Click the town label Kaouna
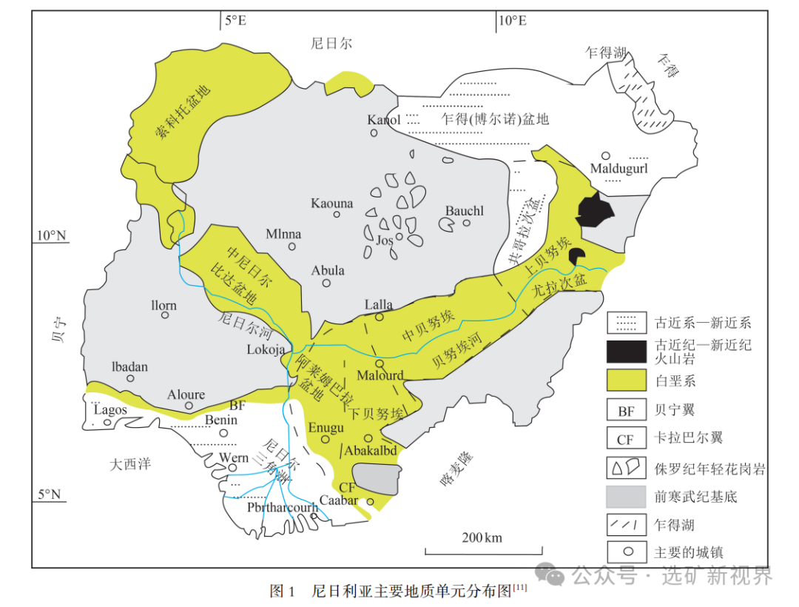coord(332,204)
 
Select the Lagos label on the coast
coord(109,409)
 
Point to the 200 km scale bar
coord(482,549)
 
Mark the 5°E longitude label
coord(235,21)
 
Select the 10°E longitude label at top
coord(512,21)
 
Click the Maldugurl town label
coord(618,169)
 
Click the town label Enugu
coord(326,428)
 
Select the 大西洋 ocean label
coord(130,465)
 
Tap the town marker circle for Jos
coord(399,238)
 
